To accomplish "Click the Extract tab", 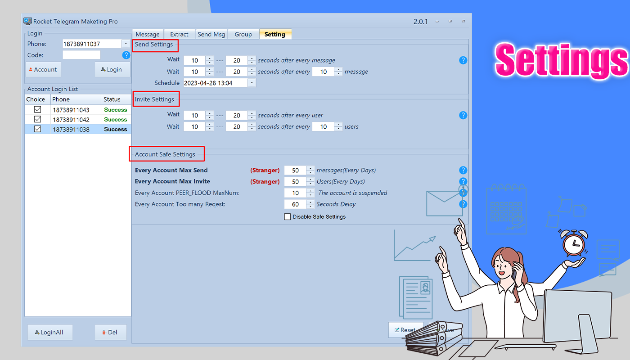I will pos(179,34).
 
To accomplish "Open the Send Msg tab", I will pos(211,34).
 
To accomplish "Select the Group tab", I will pos(243,34).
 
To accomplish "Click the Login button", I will pos(112,69).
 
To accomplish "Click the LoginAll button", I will pos(49,333).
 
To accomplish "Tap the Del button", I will pos(110,333).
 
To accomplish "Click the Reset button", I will pos(405,330).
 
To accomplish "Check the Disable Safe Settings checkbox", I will pos(288,217).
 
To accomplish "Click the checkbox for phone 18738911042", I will pos(38,120).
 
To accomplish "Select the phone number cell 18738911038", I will pos(71,130).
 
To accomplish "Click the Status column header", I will pos(112,99).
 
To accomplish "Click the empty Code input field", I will pos(81,55).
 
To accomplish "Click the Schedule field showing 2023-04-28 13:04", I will pos(215,83).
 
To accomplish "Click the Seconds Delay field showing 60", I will pos(296,204).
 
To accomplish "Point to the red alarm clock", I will pos(573,244).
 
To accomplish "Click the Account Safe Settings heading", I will pos(165,154).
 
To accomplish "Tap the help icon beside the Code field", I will pos(126,55).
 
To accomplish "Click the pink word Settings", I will pos(561,59).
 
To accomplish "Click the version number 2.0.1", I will pos(421,22).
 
